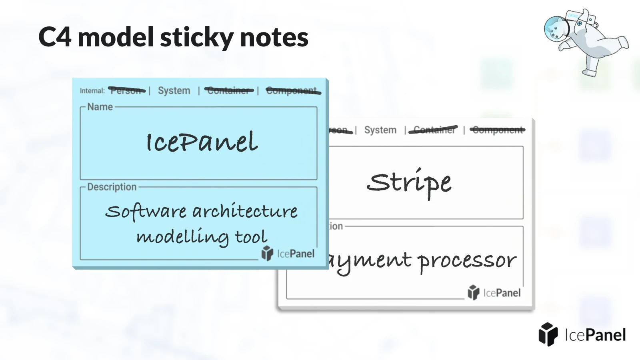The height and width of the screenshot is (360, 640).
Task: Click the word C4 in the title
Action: [x=55, y=37]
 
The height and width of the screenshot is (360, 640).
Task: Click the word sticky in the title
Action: [x=197, y=37]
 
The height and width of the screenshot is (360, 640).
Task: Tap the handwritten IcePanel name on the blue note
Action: [x=202, y=142]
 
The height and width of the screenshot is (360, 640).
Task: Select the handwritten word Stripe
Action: [x=409, y=182]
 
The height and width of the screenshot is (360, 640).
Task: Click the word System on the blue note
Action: [x=174, y=91]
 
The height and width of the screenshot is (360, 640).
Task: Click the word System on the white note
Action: [x=380, y=130]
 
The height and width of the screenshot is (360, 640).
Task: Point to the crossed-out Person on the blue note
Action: [x=126, y=91]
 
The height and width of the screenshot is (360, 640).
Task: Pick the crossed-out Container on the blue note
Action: [x=229, y=91]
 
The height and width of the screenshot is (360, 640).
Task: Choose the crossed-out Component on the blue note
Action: [x=292, y=91]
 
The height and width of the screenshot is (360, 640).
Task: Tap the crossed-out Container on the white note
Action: [x=434, y=130]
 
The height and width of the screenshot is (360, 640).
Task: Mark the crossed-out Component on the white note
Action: [x=498, y=130]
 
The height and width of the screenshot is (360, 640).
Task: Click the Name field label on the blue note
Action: [x=100, y=107]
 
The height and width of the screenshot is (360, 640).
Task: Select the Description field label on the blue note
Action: [x=112, y=187]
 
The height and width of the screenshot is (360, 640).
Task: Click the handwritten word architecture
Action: [x=245, y=211]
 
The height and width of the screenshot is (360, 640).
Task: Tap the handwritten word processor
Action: [x=467, y=261]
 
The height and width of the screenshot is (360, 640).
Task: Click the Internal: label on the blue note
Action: [x=92, y=91]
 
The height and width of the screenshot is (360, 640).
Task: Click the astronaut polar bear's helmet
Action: [x=556, y=29]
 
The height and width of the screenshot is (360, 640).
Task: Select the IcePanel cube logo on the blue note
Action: [x=267, y=253]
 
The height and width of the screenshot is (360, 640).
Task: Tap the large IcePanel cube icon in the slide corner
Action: [x=548, y=334]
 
